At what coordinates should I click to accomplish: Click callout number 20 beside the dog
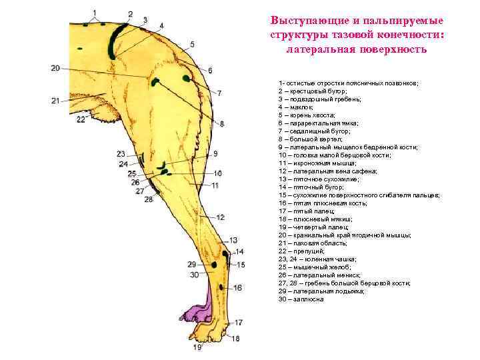(55, 68)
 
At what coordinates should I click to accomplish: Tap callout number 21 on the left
(55, 101)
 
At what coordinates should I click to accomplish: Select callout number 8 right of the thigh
(222, 123)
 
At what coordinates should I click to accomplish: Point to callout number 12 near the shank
(220, 217)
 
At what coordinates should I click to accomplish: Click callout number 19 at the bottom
(197, 347)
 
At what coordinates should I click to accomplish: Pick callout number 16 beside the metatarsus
(238, 287)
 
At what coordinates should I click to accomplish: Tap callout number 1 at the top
(94, 12)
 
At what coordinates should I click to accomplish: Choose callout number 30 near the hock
(194, 275)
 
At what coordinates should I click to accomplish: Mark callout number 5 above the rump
(192, 45)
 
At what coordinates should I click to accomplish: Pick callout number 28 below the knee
(148, 199)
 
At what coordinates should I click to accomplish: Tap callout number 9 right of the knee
(215, 153)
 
